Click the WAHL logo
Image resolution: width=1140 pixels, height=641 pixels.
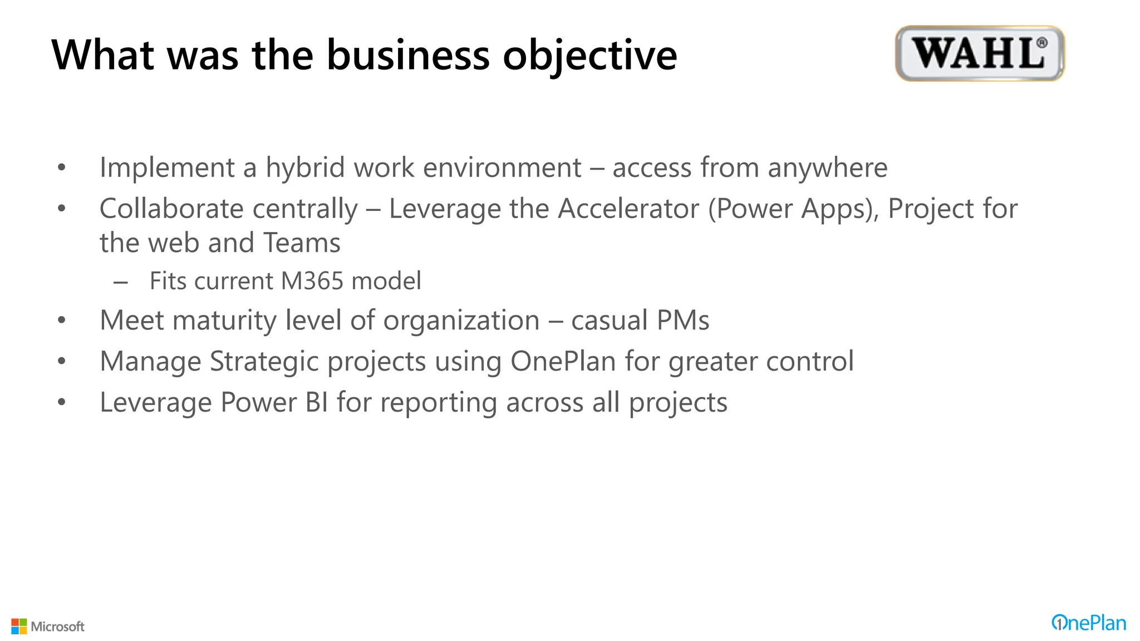click(x=980, y=53)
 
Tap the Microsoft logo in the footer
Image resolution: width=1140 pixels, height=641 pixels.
click(x=48, y=627)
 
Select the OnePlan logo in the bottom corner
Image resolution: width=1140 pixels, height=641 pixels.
click(x=1088, y=623)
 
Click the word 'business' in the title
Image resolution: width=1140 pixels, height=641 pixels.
click(x=408, y=55)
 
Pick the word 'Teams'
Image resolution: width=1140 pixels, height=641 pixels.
click(x=301, y=243)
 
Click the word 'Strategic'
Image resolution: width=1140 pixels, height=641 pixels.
click(x=264, y=362)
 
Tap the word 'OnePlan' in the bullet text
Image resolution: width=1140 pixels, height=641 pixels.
click(x=563, y=362)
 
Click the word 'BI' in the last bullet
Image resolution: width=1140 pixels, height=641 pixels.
click(x=316, y=403)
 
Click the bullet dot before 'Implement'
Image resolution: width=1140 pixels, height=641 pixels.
click(x=62, y=167)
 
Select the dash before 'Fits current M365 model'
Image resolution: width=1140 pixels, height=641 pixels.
click(x=121, y=283)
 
